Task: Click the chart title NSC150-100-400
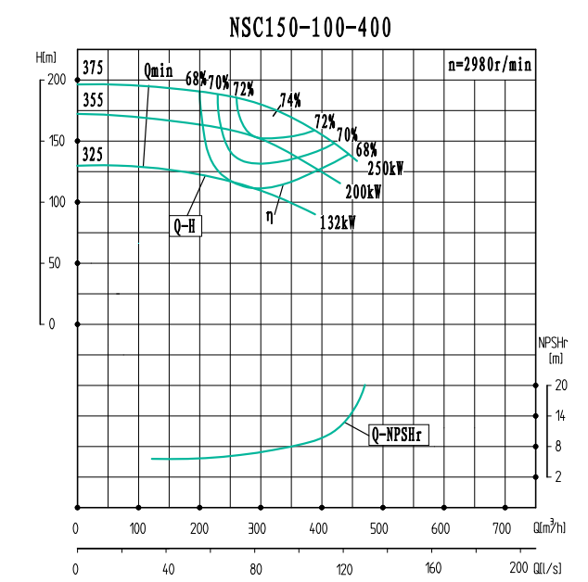point(310,29)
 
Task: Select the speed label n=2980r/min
point(489,65)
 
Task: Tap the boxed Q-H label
point(185,225)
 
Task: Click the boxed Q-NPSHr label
point(401,434)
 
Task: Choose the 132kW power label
point(338,222)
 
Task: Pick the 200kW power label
point(364,193)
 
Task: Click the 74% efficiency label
point(290,100)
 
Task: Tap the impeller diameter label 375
point(93,68)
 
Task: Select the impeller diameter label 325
point(93,155)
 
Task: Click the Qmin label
point(158,70)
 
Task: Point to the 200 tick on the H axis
point(58,80)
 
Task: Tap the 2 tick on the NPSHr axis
point(559,477)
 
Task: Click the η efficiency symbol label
point(270,215)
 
